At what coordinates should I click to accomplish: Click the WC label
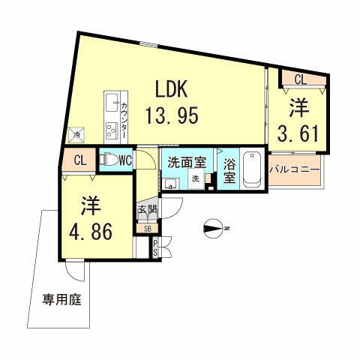tap(124, 159)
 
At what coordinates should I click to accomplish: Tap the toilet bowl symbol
tap(109, 160)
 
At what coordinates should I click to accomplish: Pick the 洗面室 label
tap(185, 160)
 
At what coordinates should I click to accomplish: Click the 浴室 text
tap(229, 172)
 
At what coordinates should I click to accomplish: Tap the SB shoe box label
tap(146, 229)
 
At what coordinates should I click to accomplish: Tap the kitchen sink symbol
tap(111, 100)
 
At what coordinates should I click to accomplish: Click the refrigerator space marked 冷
tap(76, 135)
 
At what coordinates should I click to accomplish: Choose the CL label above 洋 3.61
tap(299, 78)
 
